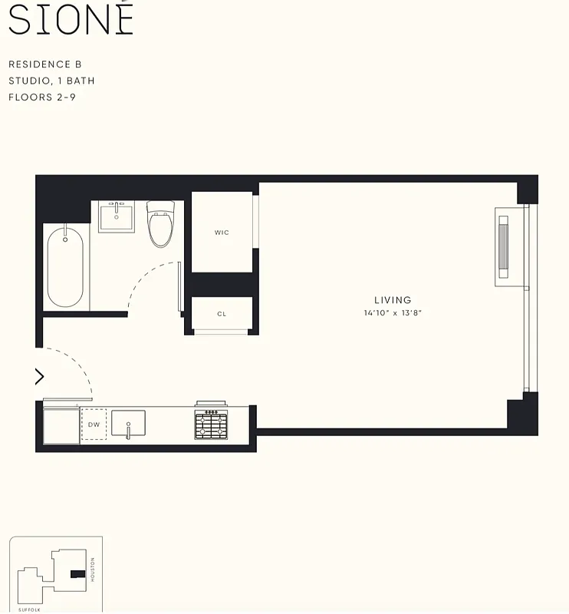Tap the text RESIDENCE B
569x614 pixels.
coord(44,64)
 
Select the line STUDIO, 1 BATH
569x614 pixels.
coord(51,81)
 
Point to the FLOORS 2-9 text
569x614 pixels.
coord(41,97)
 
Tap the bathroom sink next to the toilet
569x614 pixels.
coord(117,216)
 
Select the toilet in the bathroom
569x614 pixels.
coord(161,223)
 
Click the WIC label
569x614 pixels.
coord(222,233)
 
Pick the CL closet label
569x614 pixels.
coord(222,314)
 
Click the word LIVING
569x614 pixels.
coord(393,300)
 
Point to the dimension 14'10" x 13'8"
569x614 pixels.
coord(393,313)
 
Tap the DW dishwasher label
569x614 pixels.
coord(94,424)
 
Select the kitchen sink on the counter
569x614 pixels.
coord(128,424)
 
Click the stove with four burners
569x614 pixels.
coord(211,423)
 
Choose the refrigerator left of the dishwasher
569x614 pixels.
coord(61,425)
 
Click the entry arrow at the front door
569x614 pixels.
coord(40,376)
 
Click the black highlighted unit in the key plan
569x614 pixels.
coord(77,573)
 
